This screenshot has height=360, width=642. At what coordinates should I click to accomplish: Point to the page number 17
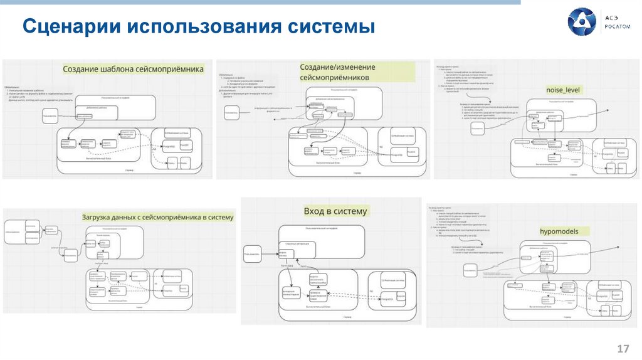pos(623,348)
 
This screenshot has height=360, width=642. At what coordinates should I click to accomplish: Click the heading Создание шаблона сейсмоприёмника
pos(133,69)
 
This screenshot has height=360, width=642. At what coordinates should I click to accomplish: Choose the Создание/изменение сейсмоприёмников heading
pos(338,71)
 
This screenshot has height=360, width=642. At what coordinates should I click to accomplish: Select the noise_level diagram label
pos(564,90)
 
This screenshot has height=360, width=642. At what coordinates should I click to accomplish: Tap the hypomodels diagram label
pos(559,231)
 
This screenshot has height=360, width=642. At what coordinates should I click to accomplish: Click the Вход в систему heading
pos(335,211)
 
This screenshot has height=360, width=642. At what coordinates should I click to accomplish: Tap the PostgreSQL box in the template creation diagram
pos(169,146)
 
